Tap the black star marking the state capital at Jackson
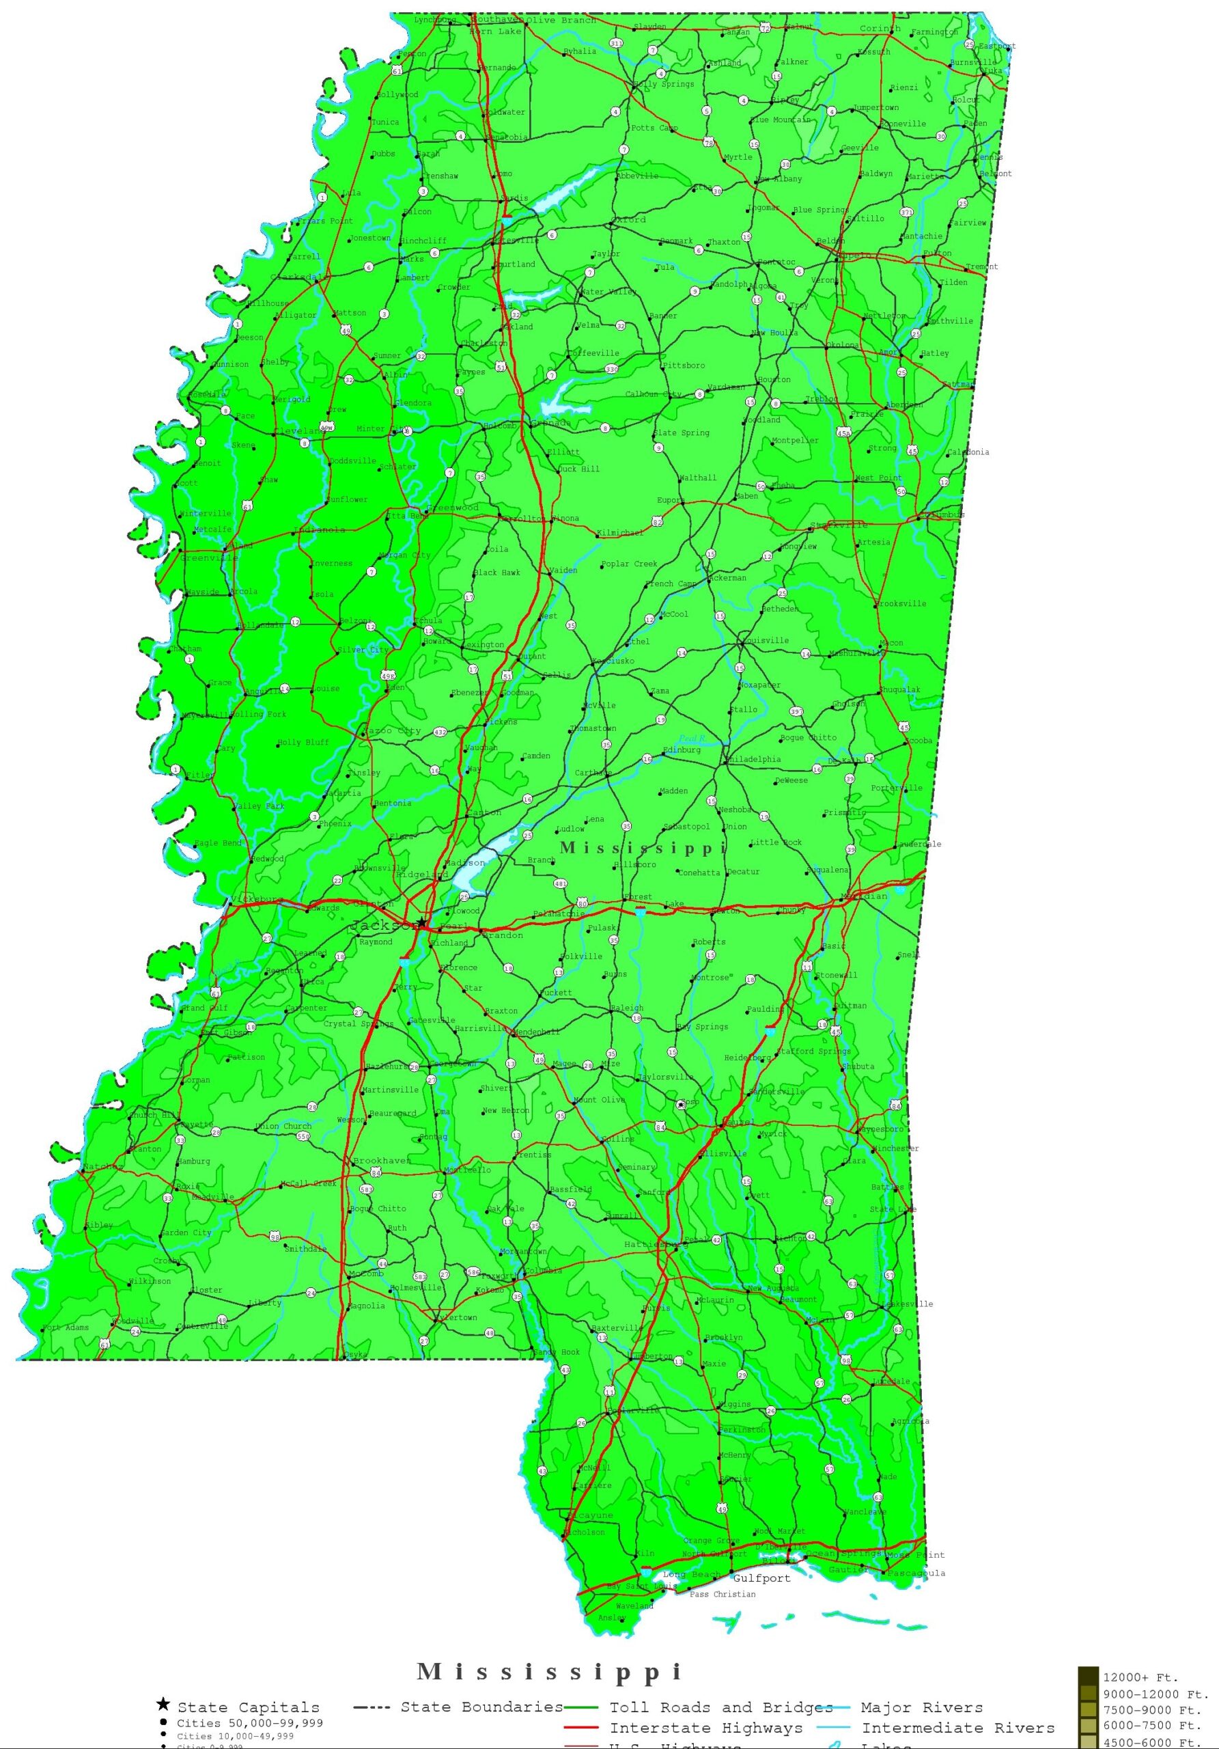(421, 922)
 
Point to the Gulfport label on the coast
(761, 1578)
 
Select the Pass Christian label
(722, 1595)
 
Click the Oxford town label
(629, 219)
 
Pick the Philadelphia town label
(754, 760)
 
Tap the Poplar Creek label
(629, 564)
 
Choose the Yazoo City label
(393, 731)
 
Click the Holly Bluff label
(303, 743)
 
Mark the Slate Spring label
(682, 432)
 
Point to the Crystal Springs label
(358, 1024)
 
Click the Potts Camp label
(654, 128)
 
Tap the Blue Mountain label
(781, 120)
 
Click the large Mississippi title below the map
(550, 1671)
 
